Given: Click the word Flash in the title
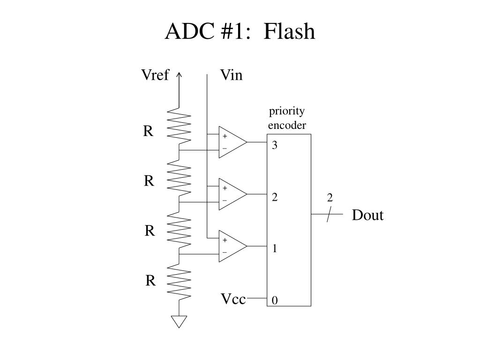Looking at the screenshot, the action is pyautogui.click(x=289, y=31).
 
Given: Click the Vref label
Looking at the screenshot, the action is pyautogui.click(x=155, y=75).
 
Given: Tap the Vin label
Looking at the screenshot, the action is pyautogui.click(x=232, y=75).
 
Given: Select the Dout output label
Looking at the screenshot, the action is pyautogui.click(x=367, y=215).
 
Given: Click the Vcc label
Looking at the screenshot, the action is pyautogui.click(x=233, y=299).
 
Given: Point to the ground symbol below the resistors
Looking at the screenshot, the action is pyautogui.click(x=179, y=322).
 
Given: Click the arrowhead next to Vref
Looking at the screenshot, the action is pyautogui.click(x=179, y=75).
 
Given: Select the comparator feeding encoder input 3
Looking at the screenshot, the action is pyautogui.click(x=233, y=142).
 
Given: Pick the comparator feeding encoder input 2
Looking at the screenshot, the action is pyautogui.click(x=233, y=194).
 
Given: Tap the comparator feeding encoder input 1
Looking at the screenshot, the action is pyautogui.click(x=233, y=246).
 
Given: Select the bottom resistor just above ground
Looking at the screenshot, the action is pyautogui.click(x=179, y=282).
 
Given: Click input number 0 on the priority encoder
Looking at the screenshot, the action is pyautogui.click(x=275, y=300).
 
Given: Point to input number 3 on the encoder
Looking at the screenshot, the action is pyautogui.click(x=275, y=145).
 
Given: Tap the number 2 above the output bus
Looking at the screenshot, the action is pyautogui.click(x=330, y=198).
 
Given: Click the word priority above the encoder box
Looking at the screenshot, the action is pyautogui.click(x=287, y=112).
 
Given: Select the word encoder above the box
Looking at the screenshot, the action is pyautogui.click(x=287, y=125).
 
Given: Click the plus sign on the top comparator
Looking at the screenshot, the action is pyautogui.click(x=225, y=136).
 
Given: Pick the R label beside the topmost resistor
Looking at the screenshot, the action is pyautogui.click(x=148, y=131).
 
